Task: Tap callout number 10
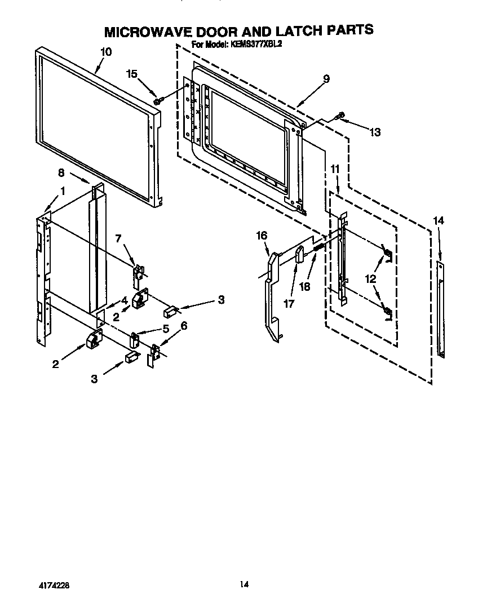tap(105, 52)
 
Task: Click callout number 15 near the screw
tap(132, 74)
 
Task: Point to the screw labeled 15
tap(158, 100)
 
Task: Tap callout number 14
tap(439, 220)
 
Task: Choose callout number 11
tap(335, 169)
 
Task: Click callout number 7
tap(118, 238)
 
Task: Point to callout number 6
tap(184, 325)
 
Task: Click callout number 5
tap(166, 328)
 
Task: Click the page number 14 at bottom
tap(243, 584)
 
